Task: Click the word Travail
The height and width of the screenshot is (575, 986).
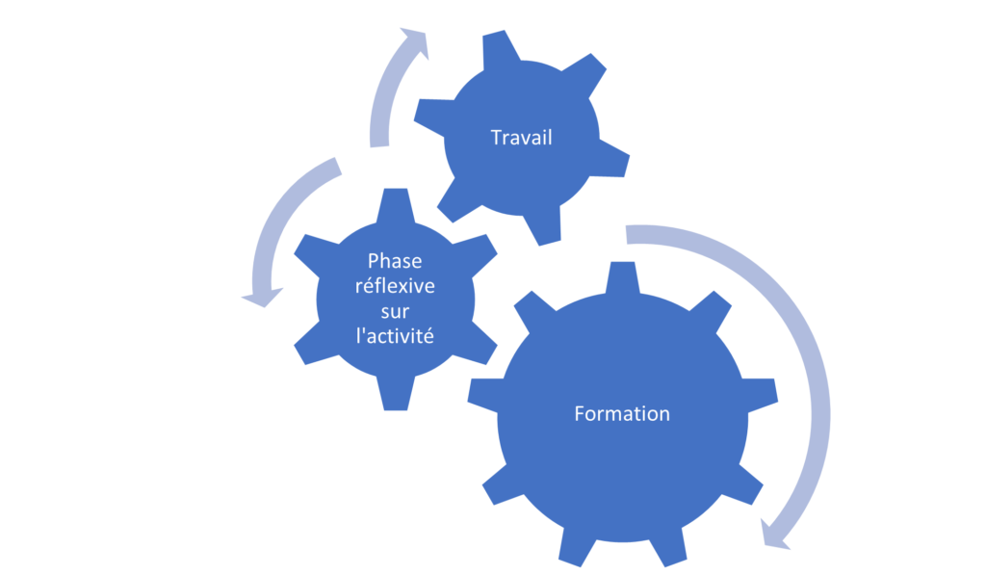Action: coord(521,137)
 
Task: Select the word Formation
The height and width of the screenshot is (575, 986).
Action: coord(622,413)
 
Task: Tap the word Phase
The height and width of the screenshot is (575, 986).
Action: coord(395,260)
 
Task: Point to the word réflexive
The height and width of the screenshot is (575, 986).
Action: coord(395,286)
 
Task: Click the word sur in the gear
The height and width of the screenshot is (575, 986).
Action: coord(395,311)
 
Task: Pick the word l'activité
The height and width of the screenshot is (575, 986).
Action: coord(395,336)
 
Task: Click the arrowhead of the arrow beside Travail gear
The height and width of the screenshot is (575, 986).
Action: coord(415,42)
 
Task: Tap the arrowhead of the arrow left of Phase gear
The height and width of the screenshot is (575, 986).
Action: coord(262,297)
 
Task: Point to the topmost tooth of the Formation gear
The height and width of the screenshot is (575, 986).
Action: coord(623,276)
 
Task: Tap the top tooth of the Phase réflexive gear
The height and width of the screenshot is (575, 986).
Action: coord(396,204)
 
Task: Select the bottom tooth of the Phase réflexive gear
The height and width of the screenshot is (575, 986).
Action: coord(396,393)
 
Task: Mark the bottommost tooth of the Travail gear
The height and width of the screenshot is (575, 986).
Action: coord(542,226)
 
